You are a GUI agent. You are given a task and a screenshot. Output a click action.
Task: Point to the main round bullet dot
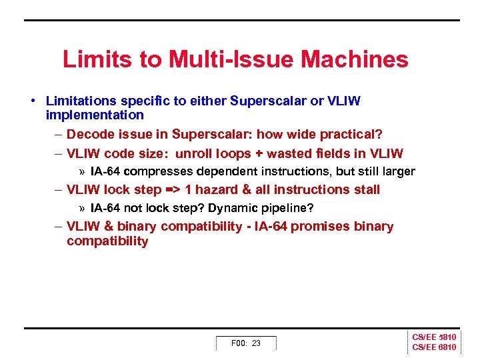tap(32, 101)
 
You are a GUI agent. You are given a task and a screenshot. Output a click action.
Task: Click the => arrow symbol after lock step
tap(172, 190)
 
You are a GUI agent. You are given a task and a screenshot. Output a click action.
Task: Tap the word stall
tap(366, 190)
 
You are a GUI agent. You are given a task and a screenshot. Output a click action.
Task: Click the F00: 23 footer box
tap(246, 343)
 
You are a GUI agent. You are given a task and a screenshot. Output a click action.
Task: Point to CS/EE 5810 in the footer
tap(434, 338)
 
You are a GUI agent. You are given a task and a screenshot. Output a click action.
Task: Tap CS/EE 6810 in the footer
tap(434, 347)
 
